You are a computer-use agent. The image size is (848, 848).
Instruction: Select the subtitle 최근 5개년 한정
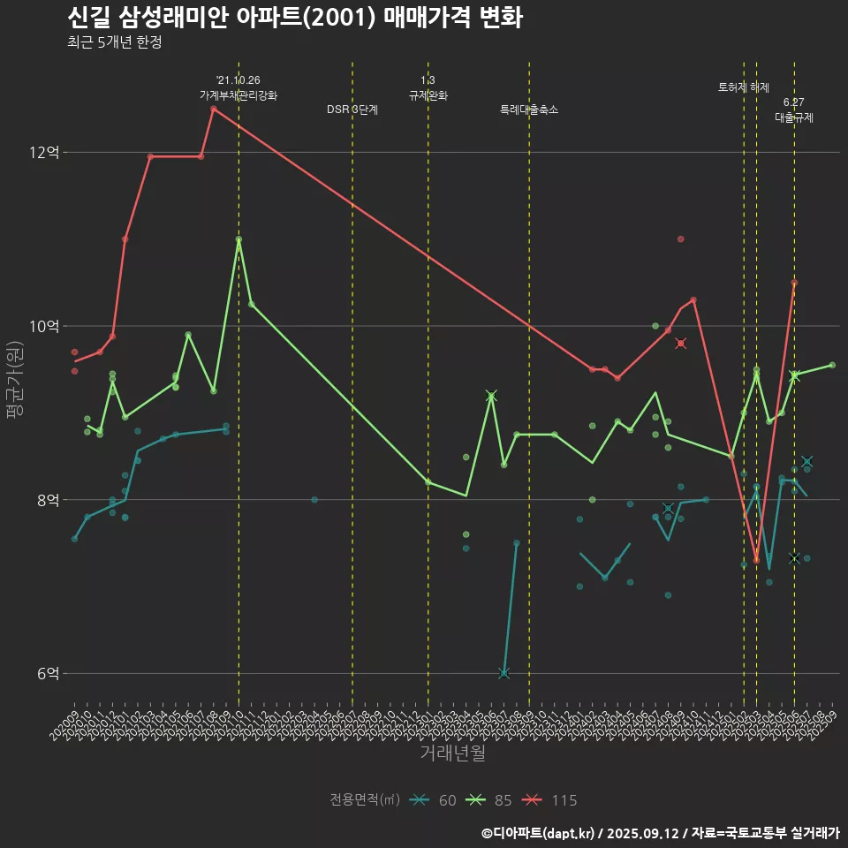114,42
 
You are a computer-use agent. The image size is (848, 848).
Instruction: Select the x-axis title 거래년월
452,753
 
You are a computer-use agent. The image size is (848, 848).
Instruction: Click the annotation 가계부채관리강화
238,95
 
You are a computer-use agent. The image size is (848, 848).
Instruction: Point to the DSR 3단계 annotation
352,110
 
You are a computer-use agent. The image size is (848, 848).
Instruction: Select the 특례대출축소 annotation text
529,110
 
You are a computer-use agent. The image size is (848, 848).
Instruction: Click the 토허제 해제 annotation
744,87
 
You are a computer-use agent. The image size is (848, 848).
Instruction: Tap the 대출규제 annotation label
794,117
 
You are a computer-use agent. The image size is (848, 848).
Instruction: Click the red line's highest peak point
214,109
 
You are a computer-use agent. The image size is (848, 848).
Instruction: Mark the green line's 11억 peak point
238,239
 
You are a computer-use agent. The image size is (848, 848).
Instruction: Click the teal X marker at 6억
503,673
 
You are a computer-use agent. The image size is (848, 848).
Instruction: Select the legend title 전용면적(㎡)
365,800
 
